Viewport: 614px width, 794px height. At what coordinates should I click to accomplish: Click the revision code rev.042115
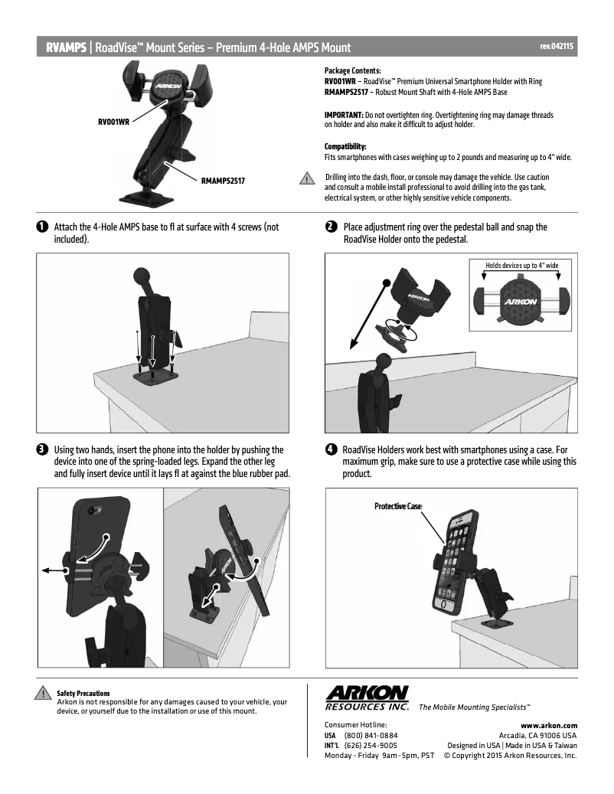point(557,47)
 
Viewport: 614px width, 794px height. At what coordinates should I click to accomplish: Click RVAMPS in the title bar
point(66,47)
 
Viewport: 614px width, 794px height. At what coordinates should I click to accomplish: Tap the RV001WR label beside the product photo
point(113,121)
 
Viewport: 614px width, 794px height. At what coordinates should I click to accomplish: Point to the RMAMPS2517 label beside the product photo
point(228,181)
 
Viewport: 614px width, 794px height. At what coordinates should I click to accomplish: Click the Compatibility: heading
point(345,146)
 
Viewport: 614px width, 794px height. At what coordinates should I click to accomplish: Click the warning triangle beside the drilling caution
point(306,180)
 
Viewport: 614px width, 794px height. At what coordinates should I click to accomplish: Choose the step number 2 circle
point(330,227)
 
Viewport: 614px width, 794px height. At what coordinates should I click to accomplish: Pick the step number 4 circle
point(330,449)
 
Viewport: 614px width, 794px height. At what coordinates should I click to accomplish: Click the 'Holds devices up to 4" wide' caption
point(522,266)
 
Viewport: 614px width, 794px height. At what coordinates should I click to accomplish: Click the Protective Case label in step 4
point(397,506)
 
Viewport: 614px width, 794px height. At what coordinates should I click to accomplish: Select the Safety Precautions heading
point(83,693)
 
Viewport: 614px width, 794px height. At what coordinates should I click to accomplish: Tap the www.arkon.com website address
point(548,725)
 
